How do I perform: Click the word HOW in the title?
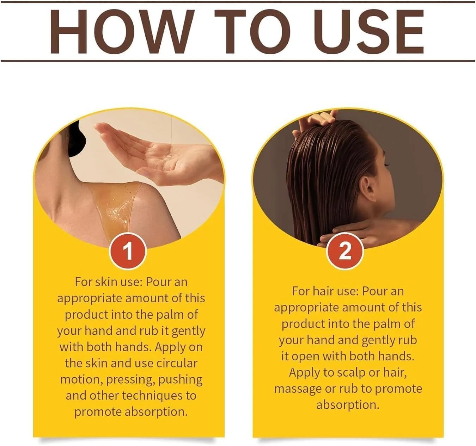(122, 31)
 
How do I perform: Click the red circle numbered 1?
(128, 251)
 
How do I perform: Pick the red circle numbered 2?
(345, 251)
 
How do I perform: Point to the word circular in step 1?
(177, 363)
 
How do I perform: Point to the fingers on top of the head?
(316, 120)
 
